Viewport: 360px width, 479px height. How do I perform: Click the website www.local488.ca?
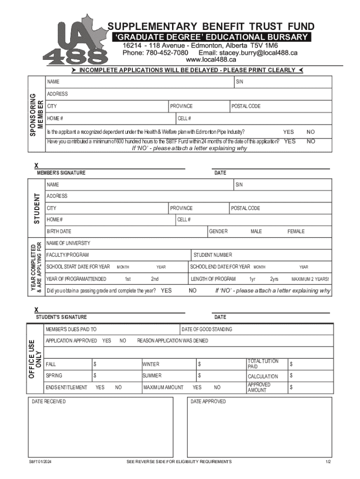click(211, 60)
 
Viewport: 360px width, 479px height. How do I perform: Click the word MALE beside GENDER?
click(256, 232)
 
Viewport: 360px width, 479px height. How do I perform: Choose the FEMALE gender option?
click(295, 232)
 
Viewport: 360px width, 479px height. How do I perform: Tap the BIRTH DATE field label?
click(59, 232)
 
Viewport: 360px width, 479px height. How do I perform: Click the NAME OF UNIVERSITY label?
click(68, 243)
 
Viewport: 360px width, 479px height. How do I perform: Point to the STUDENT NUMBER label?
click(213, 255)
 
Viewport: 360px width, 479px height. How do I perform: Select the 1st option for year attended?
click(128, 279)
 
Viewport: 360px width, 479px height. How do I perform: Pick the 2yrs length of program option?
click(274, 279)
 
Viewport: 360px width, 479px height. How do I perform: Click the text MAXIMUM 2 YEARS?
click(310, 279)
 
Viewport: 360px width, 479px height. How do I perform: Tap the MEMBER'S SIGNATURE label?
click(61, 173)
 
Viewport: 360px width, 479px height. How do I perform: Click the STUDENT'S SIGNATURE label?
click(61, 317)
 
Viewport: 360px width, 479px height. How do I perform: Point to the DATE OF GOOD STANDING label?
click(207, 330)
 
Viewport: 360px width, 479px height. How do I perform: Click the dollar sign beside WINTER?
click(199, 364)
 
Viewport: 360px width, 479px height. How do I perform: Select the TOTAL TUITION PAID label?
click(263, 364)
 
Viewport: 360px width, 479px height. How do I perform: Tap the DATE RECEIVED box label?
click(49, 402)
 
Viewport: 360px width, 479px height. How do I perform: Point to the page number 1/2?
click(328, 462)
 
